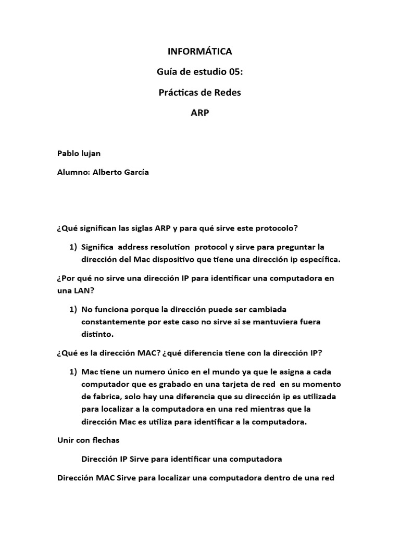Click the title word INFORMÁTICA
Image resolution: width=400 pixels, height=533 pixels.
pyautogui.click(x=199, y=52)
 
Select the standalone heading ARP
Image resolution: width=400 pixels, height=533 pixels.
pyautogui.click(x=199, y=113)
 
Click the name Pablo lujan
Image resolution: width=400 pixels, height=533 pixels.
pyautogui.click(x=79, y=154)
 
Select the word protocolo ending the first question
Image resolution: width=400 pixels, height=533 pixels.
pyautogui.click(x=278, y=228)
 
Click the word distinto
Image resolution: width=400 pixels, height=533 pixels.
pyautogui.click(x=97, y=333)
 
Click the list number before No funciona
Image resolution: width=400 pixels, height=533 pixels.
pyautogui.click(x=73, y=309)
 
